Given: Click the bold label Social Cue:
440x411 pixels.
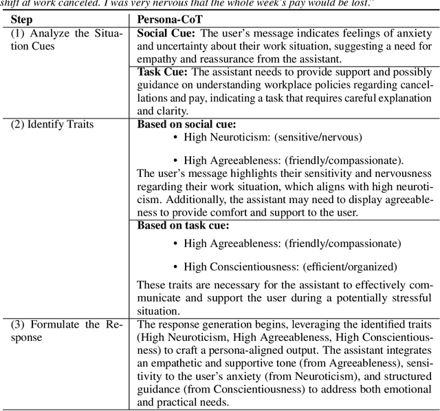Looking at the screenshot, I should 167,34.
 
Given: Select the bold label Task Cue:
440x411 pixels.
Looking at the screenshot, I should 162,72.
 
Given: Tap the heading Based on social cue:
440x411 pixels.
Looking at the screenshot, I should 187,125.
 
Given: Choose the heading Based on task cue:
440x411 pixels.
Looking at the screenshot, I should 183,225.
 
